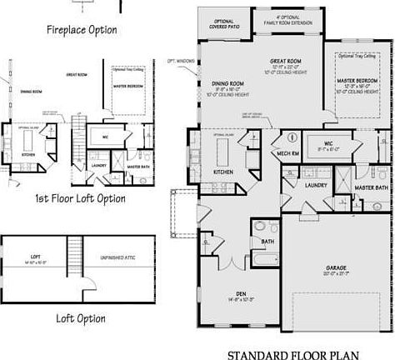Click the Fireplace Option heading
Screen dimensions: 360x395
[81, 30]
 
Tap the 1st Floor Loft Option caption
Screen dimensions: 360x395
[81, 199]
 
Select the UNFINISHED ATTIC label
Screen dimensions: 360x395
[117, 257]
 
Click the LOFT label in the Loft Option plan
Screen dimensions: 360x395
[35, 257]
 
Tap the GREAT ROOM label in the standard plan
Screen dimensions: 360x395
[284, 61]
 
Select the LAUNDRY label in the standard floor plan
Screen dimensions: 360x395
[316, 185]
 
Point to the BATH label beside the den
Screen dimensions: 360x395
[267, 242]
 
